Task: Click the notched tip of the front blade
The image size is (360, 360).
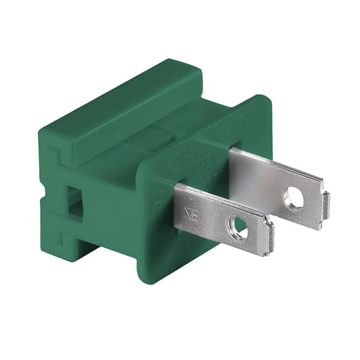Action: [x=269, y=238]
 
